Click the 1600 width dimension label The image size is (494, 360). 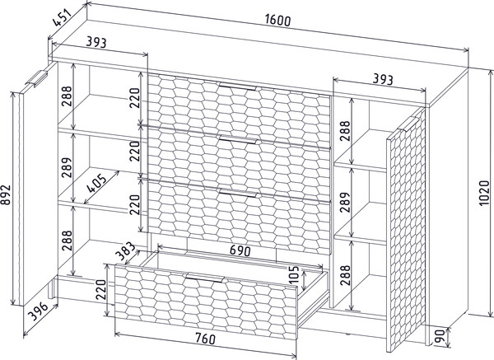click(277, 21)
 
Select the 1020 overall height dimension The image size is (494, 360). click(485, 193)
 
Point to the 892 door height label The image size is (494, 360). click(6, 194)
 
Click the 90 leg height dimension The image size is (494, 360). click(439, 336)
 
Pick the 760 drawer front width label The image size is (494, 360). click(205, 339)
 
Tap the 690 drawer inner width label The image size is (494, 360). click(240, 250)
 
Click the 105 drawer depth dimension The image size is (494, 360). click(294, 274)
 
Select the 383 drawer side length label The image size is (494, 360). click(125, 251)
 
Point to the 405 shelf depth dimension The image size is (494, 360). click(96, 183)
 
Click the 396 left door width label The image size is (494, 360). click(38, 311)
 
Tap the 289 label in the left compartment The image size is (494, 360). click(68, 168)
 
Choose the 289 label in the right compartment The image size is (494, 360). click(345, 202)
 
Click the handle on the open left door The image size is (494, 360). click(36, 78)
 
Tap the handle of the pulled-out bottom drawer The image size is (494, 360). click(205, 278)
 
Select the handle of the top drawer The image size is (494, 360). click(238, 86)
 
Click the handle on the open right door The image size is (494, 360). click(408, 124)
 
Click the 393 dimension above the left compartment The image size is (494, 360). click(96, 42)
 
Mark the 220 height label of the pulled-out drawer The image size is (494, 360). click(101, 290)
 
